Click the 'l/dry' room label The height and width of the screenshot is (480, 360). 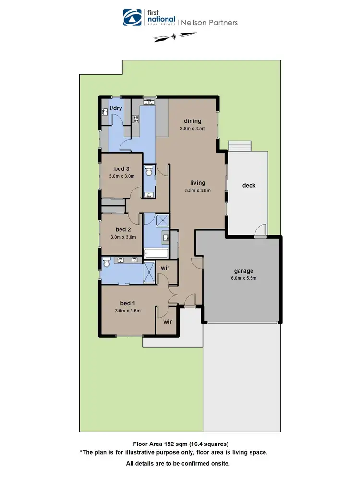pyautogui.click(x=117, y=108)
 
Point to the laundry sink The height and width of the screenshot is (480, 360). pyautogui.click(x=104, y=112)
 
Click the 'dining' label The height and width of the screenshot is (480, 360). pyautogui.click(x=193, y=121)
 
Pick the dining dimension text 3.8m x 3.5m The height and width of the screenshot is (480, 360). pyautogui.click(x=193, y=128)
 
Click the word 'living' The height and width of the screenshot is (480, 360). pyautogui.click(x=197, y=183)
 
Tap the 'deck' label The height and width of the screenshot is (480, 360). pyautogui.click(x=249, y=185)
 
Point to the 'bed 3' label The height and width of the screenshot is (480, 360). pyautogui.click(x=121, y=168)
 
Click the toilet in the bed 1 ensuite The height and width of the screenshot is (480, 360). pyautogui.click(x=107, y=263)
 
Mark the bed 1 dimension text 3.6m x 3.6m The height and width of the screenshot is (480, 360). pyautogui.click(x=127, y=310)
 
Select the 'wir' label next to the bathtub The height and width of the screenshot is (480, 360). pyautogui.click(x=165, y=268)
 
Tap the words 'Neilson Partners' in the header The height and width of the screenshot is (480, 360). pyautogui.click(x=209, y=22)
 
